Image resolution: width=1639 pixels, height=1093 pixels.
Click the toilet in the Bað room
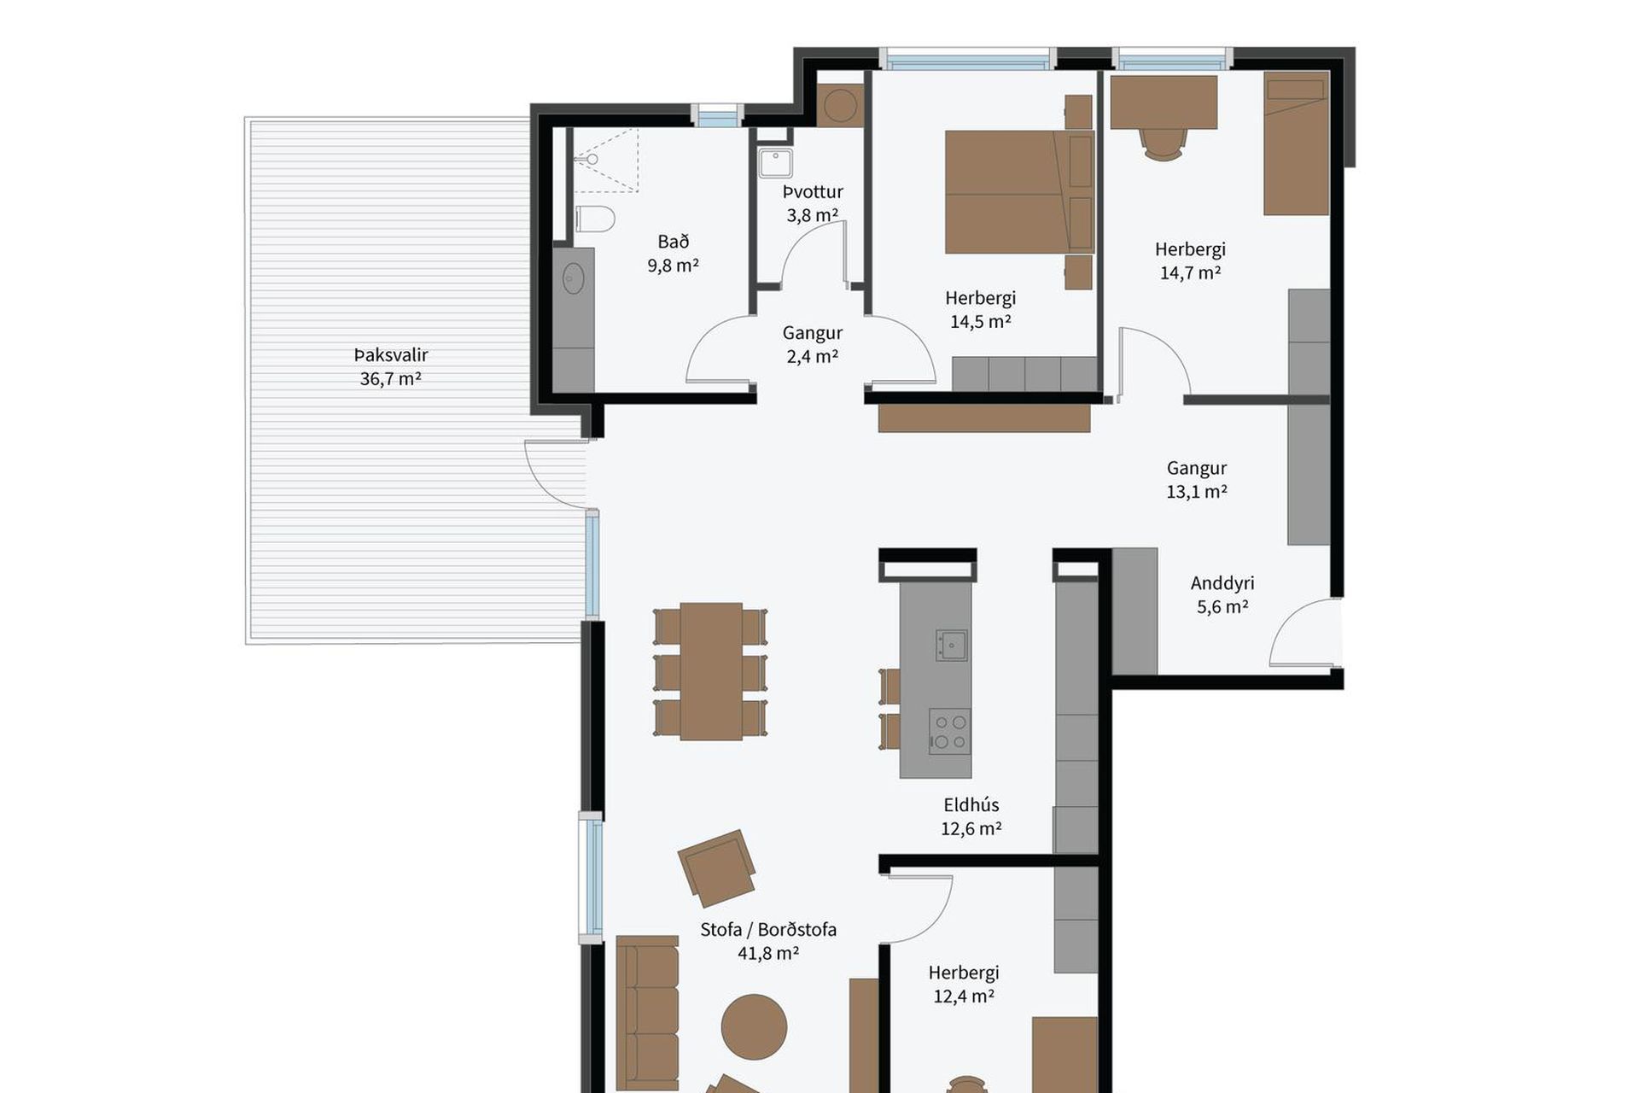click(x=594, y=219)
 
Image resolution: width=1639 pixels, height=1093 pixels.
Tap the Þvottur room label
click(x=813, y=191)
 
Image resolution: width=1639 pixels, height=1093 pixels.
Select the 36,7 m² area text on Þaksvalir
click(x=390, y=378)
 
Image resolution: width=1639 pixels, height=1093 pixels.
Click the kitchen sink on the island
click(x=951, y=645)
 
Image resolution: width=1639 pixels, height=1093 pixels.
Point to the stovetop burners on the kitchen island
click(x=949, y=732)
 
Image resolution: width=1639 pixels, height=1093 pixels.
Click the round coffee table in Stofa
click(x=754, y=1026)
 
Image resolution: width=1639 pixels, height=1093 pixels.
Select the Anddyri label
click(x=1222, y=583)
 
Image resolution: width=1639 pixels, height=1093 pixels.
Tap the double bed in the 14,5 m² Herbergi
click(x=1018, y=192)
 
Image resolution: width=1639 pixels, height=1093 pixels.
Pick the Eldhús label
click(x=971, y=804)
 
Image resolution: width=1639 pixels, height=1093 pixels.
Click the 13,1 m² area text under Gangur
click(x=1197, y=491)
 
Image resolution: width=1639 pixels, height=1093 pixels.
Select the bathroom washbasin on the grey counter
click(x=574, y=278)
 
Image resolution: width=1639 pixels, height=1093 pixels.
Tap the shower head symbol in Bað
click(x=589, y=159)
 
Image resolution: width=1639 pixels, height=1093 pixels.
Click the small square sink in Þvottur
click(x=775, y=163)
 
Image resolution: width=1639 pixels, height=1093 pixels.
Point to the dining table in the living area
click(x=710, y=671)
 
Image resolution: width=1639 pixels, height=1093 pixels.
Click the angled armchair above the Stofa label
click(x=717, y=868)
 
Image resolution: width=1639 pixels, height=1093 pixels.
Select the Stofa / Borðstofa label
click(x=768, y=929)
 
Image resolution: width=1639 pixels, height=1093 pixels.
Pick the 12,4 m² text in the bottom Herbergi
click(x=964, y=996)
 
